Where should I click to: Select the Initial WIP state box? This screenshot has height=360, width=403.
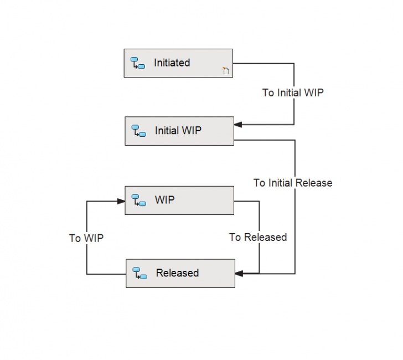click(179, 131)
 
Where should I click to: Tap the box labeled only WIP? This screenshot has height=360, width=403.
click(179, 200)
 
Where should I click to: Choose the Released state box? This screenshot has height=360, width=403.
click(180, 273)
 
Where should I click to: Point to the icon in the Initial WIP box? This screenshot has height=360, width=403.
click(138, 131)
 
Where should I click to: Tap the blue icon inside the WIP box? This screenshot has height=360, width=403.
click(138, 200)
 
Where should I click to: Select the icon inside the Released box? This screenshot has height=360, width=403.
click(139, 273)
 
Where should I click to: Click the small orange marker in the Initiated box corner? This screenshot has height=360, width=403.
click(225, 70)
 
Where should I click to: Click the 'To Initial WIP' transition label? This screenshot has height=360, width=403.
click(292, 92)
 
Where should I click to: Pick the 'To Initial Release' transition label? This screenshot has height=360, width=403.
click(293, 182)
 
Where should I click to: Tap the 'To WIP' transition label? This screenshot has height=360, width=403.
click(86, 238)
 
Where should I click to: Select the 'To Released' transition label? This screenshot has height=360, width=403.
click(258, 237)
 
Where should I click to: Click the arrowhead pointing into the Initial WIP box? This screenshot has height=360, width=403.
click(238, 125)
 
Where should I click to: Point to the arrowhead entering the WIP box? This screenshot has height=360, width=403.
click(121, 200)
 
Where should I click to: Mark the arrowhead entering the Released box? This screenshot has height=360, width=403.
click(239, 273)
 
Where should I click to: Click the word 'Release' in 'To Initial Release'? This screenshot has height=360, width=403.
click(314, 182)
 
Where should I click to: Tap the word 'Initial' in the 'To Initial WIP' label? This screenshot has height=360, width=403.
click(290, 92)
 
